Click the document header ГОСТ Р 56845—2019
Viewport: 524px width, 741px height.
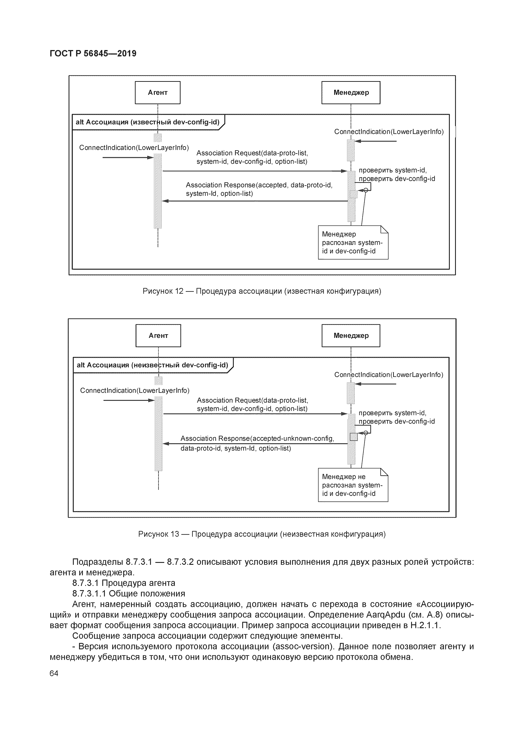[93, 53]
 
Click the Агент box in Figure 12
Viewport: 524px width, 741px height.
[157, 93]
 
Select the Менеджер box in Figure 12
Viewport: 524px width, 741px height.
[351, 93]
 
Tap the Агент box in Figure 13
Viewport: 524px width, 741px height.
[158, 336]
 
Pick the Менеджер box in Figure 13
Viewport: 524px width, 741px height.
[351, 336]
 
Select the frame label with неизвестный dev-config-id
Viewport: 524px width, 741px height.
[152, 365]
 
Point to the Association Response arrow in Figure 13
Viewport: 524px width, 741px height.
[255, 444]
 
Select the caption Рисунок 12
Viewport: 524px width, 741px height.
[262, 291]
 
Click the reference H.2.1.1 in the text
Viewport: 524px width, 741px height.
[425, 625]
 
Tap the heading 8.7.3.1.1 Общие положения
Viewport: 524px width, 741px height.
[129, 594]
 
